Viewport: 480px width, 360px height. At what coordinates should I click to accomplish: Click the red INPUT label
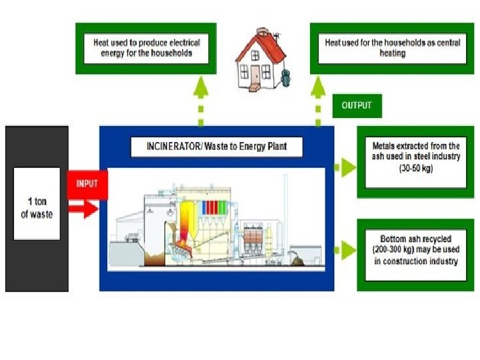coord(87,183)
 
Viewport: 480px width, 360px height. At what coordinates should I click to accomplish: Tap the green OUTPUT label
coord(357,105)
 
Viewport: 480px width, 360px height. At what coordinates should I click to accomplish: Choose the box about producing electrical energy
coord(146,47)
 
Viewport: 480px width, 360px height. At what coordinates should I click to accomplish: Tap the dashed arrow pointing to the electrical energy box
coord(200,100)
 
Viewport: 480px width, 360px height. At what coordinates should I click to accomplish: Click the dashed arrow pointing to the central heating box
coord(318,100)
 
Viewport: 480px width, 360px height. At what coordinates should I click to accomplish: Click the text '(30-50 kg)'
coord(417,169)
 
